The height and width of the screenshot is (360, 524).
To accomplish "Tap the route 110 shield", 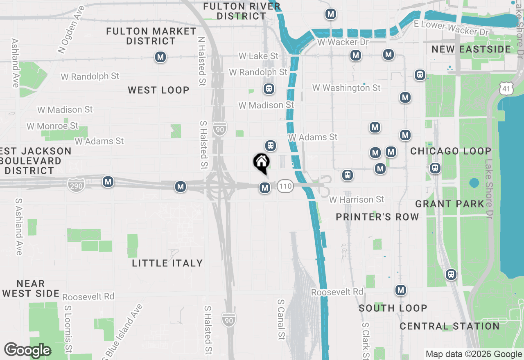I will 285,187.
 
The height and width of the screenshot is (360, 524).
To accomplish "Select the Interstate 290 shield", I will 77,185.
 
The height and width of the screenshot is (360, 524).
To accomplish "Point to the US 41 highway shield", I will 506,88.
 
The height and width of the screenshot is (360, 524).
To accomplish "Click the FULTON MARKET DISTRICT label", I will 151,36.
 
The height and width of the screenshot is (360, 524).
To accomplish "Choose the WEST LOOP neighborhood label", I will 158,90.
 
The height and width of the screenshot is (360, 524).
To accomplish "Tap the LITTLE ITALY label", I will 167,263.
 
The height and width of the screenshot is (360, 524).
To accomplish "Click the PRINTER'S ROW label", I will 377,217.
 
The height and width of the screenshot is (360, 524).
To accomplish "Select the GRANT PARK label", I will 449,204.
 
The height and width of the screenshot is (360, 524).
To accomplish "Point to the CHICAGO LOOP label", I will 451,151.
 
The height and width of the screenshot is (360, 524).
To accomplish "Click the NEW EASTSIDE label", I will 471,49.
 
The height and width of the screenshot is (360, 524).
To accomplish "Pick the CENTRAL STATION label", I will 449,326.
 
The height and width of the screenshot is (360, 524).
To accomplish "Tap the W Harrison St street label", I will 357,200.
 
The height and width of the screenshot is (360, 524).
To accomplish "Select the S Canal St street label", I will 281,319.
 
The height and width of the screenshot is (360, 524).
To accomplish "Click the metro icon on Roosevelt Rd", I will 401,290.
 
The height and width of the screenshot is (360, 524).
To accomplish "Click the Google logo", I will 27,350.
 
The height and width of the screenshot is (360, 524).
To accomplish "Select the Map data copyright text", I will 473,354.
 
